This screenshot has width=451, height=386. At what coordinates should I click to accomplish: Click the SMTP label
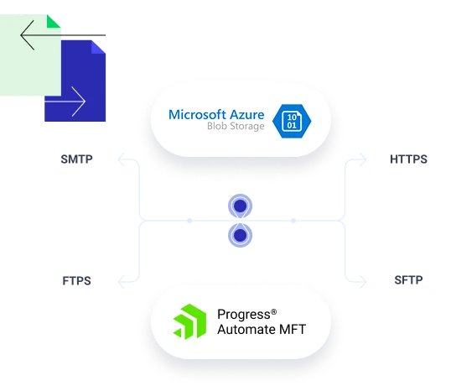[x=77, y=158]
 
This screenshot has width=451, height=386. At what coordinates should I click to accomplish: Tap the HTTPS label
[x=408, y=159]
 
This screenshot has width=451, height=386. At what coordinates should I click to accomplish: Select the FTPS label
[x=76, y=280]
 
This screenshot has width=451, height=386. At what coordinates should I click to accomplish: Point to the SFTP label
[x=408, y=280]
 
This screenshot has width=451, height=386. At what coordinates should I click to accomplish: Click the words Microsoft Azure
[x=216, y=113]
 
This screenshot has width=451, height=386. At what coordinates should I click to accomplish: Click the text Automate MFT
[x=261, y=329]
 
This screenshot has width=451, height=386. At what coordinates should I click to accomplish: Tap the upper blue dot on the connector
[x=241, y=206]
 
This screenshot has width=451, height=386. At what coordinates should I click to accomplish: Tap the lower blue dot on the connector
[x=241, y=237]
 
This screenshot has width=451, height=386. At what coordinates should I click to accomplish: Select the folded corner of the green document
[x=54, y=19]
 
